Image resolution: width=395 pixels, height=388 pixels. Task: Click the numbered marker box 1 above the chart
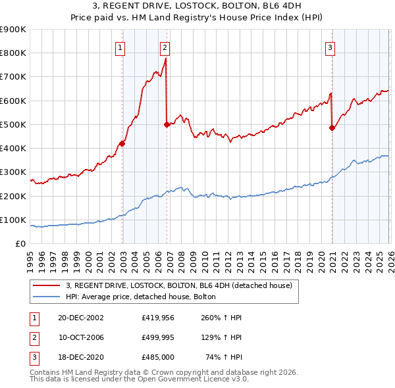[x=121, y=47]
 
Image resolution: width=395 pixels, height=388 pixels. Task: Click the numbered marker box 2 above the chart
[x=165, y=47]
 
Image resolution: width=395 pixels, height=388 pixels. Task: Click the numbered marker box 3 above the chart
[x=330, y=47]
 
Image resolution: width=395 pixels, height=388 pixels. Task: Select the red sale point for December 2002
[x=122, y=143]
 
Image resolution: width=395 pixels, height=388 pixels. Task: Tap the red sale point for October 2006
[x=167, y=124]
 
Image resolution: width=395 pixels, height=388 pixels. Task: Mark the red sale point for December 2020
[x=332, y=128]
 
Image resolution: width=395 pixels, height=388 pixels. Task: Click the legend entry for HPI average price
[x=145, y=297]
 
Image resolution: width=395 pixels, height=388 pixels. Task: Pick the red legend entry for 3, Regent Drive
[x=182, y=285]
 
